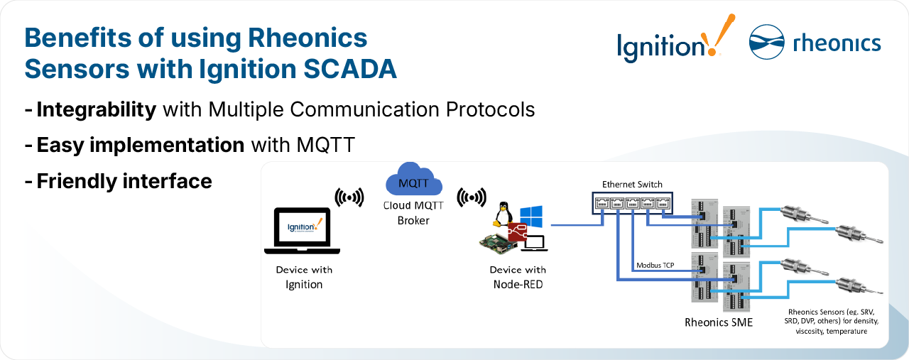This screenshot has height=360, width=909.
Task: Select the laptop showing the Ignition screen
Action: (303, 231)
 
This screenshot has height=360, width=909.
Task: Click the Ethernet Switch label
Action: (632, 185)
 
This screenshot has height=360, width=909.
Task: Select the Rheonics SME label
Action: (719, 322)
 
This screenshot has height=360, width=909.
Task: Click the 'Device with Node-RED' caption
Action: (518, 277)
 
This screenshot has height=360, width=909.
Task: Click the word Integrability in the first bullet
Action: (96, 110)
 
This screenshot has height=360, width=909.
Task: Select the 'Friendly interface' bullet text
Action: (124, 181)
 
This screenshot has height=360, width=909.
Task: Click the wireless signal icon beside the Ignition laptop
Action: (349, 197)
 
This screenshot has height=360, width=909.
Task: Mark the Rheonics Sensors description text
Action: (833, 321)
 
